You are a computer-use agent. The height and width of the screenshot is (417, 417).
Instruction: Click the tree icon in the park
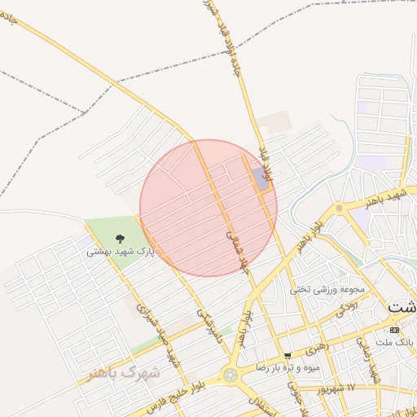pos(121,239)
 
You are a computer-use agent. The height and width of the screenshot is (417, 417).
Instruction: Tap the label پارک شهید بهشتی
pos(121,252)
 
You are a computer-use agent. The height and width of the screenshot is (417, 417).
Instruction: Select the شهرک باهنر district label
pos(125,372)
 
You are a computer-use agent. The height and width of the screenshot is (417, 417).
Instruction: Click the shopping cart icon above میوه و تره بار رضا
pos(288,356)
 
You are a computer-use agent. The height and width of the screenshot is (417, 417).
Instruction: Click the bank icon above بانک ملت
pos(395,330)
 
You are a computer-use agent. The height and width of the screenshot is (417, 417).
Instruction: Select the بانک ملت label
pos(399,343)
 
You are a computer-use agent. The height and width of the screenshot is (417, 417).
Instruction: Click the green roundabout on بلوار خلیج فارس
pos(231,375)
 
